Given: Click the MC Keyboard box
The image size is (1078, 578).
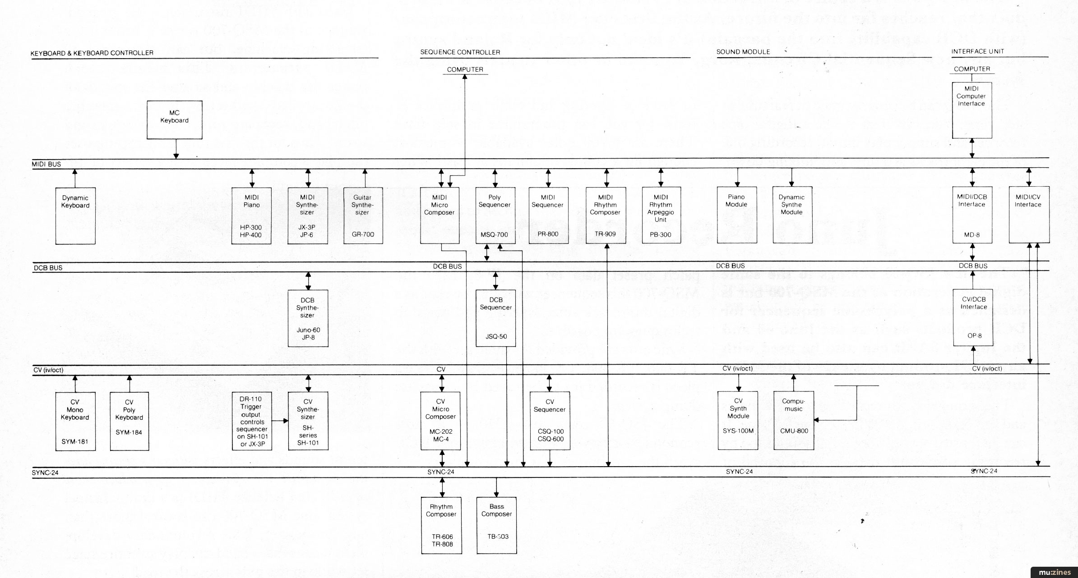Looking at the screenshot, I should [x=174, y=119].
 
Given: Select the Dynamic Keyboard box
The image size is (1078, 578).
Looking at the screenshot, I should [x=75, y=216].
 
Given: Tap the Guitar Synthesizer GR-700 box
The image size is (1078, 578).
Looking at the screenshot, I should [x=363, y=216].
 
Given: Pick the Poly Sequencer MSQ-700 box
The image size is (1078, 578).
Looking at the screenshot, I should [x=495, y=216].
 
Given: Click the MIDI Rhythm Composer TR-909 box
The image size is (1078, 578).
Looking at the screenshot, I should [x=606, y=216].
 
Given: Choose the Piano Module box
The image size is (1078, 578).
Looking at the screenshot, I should [x=736, y=216].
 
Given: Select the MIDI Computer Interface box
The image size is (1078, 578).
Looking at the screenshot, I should [x=972, y=110].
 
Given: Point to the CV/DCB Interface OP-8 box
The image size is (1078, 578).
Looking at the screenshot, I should [x=973, y=317].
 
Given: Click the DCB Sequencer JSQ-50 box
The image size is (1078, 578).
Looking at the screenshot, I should [x=495, y=318].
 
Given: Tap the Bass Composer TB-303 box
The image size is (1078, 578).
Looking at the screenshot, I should [x=496, y=525].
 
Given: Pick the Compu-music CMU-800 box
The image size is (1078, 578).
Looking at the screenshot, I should [x=794, y=420].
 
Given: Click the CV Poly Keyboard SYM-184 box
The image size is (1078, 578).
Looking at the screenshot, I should [x=129, y=421].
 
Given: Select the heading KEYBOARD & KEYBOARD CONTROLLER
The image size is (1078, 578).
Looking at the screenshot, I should [x=92, y=53].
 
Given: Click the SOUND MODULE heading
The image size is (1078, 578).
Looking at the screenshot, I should [x=743, y=52].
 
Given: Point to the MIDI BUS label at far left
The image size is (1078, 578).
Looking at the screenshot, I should [x=46, y=164].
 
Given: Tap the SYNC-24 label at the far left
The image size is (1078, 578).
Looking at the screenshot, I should [x=45, y=472].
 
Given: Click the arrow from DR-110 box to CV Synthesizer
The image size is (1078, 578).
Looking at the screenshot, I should [x=280, y=421].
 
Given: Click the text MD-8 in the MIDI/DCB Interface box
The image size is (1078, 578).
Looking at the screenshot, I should [x=972, y=234].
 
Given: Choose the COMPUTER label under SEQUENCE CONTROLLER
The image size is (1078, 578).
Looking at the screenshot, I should [x=465, y=69].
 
